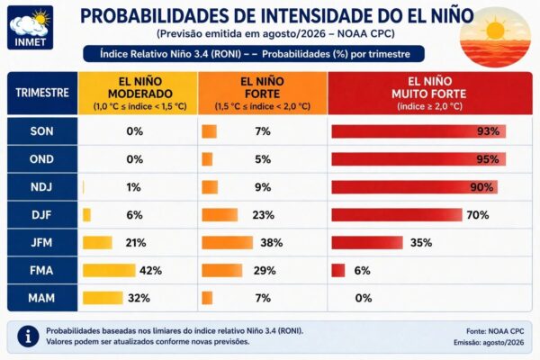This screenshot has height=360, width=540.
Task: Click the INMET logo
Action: point(31,28)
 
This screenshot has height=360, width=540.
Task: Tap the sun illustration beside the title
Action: point(495,37)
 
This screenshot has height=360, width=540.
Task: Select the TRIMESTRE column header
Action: point(42,93)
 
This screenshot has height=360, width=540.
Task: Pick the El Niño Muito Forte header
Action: point(430,93)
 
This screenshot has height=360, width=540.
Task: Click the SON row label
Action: point(42,131)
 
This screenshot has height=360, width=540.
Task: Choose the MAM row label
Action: point(42,298)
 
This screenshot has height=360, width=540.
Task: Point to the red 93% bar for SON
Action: point(418,131)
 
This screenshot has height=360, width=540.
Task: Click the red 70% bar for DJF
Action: point(397,215)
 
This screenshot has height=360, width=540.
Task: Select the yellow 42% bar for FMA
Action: point(109,270)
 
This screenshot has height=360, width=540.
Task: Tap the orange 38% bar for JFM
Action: point(228,242)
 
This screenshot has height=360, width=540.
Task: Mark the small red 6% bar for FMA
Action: point(337,270)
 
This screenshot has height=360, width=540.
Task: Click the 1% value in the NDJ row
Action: point(133,187)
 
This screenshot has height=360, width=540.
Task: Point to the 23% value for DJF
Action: point(264,215)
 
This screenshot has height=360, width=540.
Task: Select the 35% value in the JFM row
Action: point(421,242)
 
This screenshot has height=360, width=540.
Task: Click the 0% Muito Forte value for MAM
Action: point(364,298)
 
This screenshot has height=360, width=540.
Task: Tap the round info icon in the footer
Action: point(28,337)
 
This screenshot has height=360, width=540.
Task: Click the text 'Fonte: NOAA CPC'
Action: point(495,331)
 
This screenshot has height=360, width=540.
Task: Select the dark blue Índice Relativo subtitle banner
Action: point(254,54)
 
